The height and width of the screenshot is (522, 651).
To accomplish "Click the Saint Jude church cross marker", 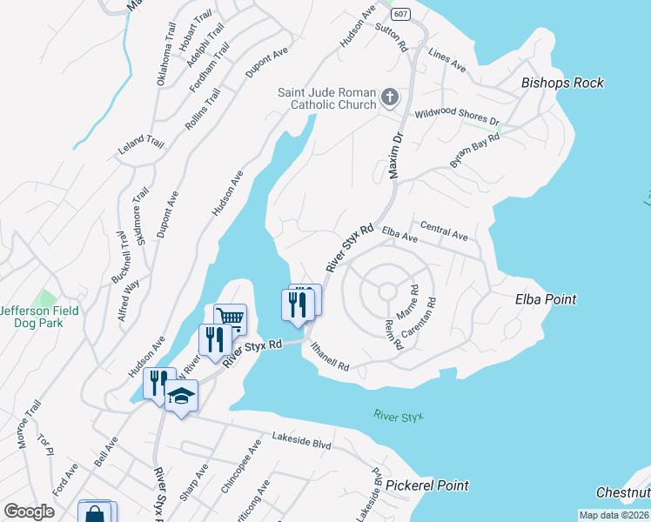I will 390,97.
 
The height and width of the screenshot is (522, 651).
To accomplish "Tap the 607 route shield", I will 400,15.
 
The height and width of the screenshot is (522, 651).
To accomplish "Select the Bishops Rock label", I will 562,84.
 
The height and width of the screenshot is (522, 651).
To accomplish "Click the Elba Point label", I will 546,299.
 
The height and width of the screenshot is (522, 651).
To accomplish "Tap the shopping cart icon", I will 230,317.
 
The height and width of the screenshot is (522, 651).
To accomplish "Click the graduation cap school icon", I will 181,396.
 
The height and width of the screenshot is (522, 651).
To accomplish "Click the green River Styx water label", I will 398,417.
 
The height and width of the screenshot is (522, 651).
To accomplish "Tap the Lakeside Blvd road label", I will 302,442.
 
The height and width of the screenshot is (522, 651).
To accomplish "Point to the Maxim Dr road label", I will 395,156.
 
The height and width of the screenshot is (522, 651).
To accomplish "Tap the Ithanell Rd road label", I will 329,356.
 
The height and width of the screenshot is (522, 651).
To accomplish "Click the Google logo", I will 29,511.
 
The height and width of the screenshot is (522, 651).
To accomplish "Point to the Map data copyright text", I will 614,515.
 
